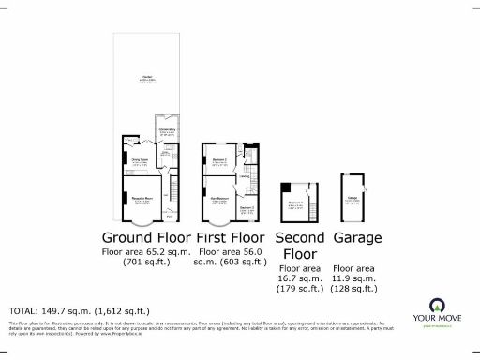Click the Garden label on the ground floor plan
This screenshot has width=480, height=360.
coord(147,78)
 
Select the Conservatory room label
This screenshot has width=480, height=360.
coord(167,131)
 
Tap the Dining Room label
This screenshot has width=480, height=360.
coord(139,160)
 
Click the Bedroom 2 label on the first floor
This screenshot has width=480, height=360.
coord(220,160)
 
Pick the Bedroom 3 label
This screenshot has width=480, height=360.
coord(247,206)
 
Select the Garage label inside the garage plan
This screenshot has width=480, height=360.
coord(352,199)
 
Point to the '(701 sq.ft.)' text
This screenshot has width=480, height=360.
coord(144,262)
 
